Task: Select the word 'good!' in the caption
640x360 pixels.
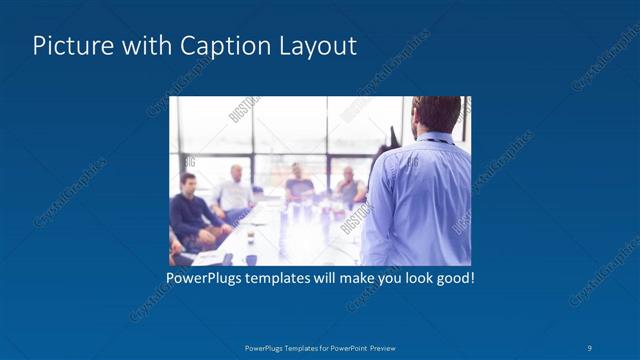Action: click(x=454, y=277)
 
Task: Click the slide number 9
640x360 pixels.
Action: click(x=590, y=348)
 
